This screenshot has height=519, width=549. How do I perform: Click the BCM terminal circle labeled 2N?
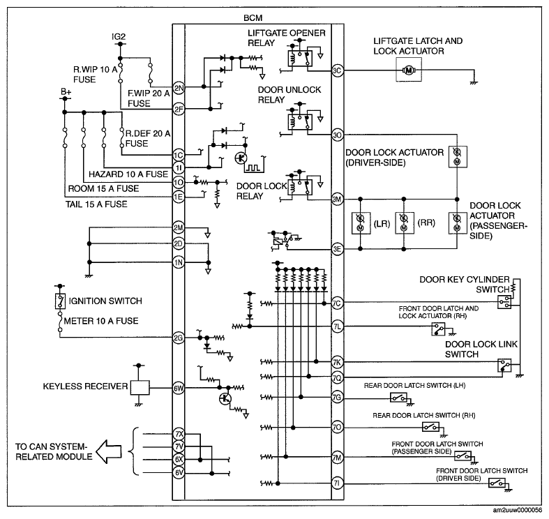(179, 88)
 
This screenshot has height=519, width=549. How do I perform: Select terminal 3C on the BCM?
(337, 70)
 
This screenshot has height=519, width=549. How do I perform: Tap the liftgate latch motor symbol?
(409, 70)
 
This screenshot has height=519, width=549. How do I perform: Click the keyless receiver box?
(140, 388)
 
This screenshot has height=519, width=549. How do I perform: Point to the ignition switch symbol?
(60, 301)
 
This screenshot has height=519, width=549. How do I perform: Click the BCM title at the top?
(253, 18)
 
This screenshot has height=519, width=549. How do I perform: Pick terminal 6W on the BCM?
(179, 388)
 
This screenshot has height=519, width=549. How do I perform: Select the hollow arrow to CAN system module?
(109, 451)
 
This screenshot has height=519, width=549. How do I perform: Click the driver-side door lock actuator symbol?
(458, 157)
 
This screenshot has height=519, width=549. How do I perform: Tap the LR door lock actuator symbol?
(361, 223)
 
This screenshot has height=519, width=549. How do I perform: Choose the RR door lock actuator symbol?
(404, 223)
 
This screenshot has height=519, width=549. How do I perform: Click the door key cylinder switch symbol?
(504, 302)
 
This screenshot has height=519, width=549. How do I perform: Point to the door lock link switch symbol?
(504, 366)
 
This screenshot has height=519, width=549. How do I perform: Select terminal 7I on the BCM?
(337, 483)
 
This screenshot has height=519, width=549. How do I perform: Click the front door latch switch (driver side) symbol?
(497, 483)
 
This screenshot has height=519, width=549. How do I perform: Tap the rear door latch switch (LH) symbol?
(399, 398)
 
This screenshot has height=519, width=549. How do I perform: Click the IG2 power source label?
(119, 37)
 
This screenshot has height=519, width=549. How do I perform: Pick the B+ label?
(66, 92)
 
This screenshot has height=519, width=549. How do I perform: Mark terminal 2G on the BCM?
(179, 338)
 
